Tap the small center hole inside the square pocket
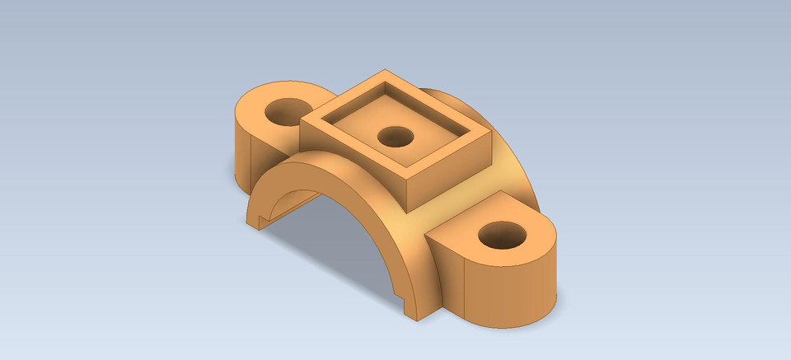(x=395, y=137)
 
